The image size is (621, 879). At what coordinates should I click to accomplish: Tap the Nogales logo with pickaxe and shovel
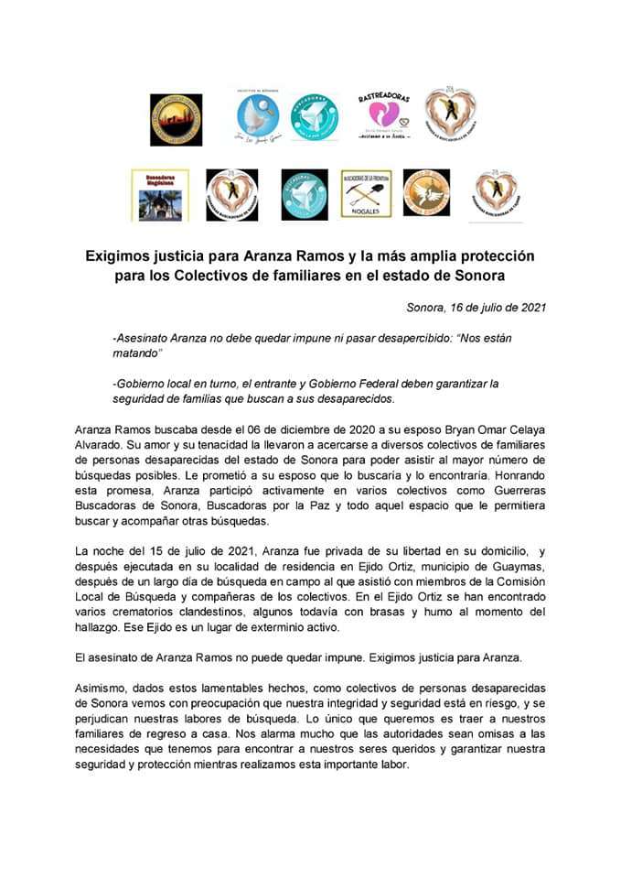366,193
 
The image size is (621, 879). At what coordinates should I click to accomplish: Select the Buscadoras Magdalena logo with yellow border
160,193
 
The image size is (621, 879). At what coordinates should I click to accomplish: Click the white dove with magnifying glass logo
253,116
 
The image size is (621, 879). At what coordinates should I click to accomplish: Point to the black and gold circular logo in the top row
176,119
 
